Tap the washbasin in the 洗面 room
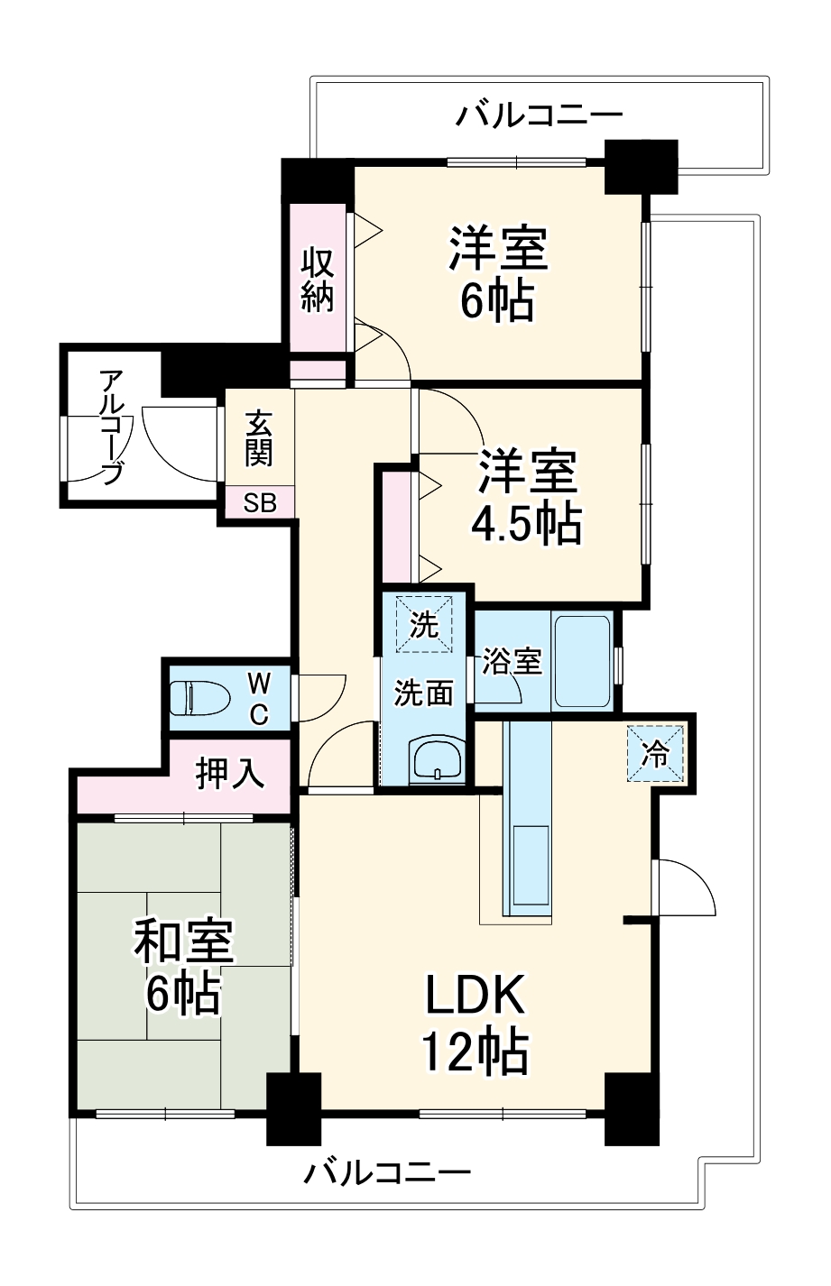pyautogui.click(x=436, y=759)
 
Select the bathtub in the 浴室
pyautogui.click(x=583, y=661)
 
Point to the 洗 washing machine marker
pyautogui.click(x=424, y=623)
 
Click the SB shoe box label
pyautogui.click(x=260, y=502)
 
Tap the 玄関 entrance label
pyautogui.click(x=259, y=438)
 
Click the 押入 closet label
pyautogui.click(x=231, y=773)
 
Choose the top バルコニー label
pyautogui.click(x=539, y=115)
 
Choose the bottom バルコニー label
pyautogui.click(x=387, y=1173)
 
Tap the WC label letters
pyautogui.click(x=259, y=698)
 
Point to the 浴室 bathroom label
pyautogui.click(x=511, y=661)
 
